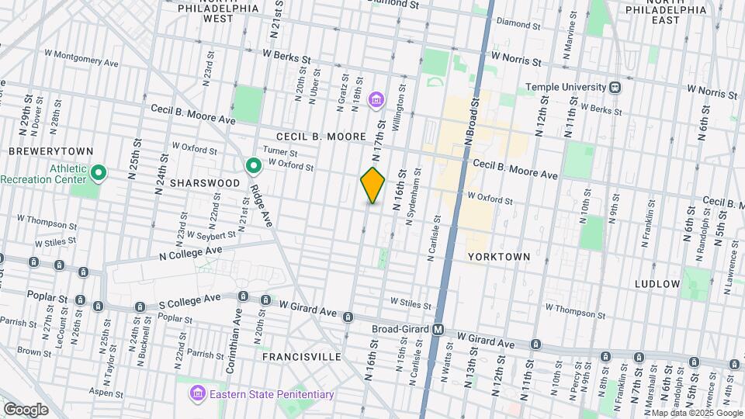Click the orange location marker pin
pos(372,185)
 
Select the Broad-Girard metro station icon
pos(438,329)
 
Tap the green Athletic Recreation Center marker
pos(98,171)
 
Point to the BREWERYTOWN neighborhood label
pos(50,151)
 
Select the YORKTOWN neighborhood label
pos(499,256)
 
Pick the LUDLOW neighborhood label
pos(657,284)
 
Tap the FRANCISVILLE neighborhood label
pos(302,356)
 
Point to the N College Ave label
pos(190,252)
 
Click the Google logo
pos(26,409)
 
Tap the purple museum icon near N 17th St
pos(376,99)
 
